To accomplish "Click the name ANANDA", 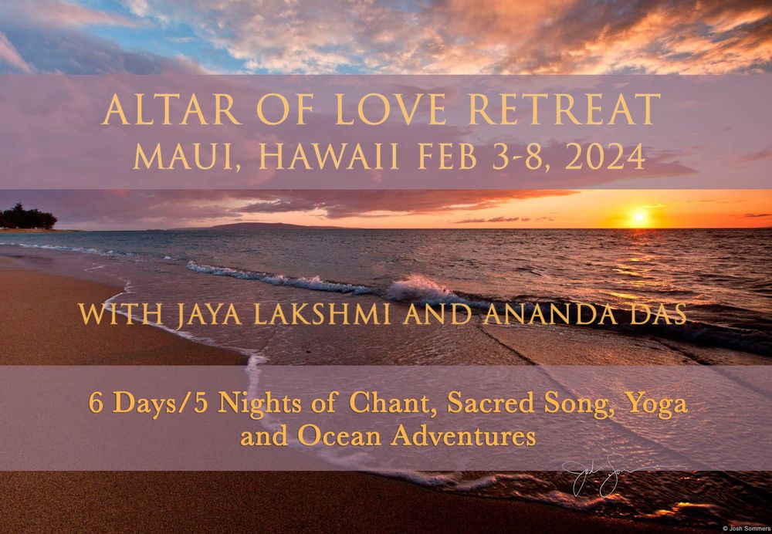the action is [x=550, y=314].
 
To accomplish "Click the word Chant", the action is [x=389, y=404].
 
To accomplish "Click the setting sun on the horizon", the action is [x=638, y=217].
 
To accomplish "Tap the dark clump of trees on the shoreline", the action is [x=28, y=217].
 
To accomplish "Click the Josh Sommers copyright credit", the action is [x=747, y=529].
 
